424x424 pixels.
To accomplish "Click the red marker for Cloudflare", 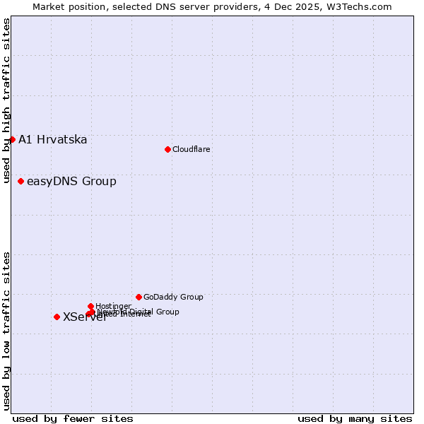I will pos(167,149).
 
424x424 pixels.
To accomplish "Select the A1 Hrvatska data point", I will pos(12,139).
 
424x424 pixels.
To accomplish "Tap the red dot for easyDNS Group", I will pos(20,182).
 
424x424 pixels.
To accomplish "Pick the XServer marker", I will pos(57,317).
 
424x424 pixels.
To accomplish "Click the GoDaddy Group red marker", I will pos(139,297).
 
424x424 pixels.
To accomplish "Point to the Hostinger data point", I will pos(90,306).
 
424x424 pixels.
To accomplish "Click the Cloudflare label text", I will pos(191,149).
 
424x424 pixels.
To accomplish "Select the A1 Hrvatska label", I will pos(52,139).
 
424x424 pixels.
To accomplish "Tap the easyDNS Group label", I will pos(71,182).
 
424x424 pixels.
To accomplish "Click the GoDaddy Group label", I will pos(173,297).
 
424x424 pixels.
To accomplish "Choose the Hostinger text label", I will pos(113,306).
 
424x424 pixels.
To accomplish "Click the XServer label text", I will pos(85,317).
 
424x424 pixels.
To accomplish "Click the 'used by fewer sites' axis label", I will pos(73,418).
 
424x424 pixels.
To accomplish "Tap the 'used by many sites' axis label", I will pos(355,418).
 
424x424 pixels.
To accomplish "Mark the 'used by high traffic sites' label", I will pos(6,101).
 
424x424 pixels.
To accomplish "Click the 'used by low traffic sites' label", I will pos(6,330).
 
